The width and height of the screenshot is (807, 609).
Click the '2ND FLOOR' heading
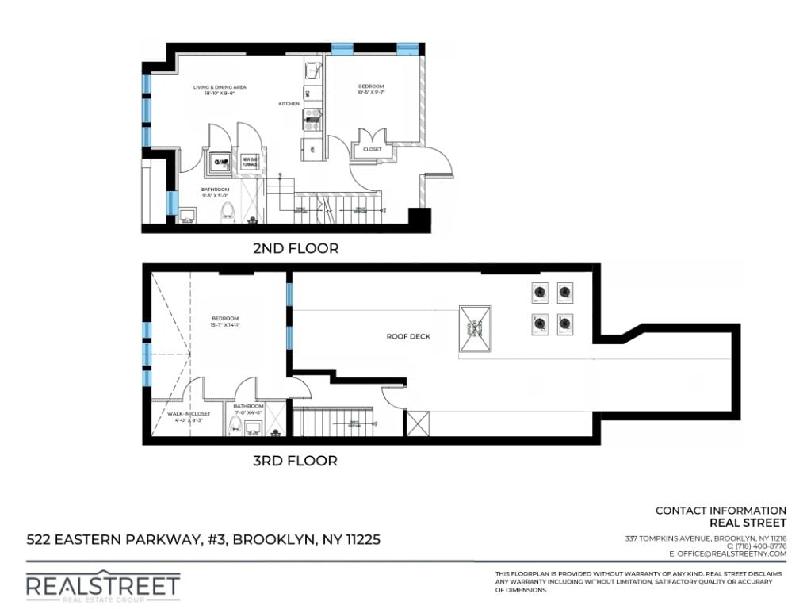point(295,248)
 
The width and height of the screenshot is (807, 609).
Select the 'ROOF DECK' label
point(408,336)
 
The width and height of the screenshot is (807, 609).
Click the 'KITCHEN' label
point(289,104)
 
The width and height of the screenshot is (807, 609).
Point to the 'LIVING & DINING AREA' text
point(215,86)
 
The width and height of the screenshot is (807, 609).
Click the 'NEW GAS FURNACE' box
point(250,162)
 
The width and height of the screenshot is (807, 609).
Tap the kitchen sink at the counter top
point(312,71)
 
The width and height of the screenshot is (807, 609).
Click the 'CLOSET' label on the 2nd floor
point(372,149)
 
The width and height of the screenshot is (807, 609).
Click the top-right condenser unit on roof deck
point(564,293)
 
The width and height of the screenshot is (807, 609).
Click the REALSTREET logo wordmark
point(103,587)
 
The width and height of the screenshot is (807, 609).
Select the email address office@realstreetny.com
point(728,553)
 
